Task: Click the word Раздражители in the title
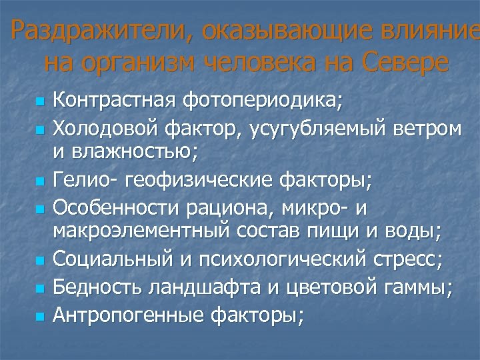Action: click(97, 31)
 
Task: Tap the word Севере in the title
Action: click(406, 63)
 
